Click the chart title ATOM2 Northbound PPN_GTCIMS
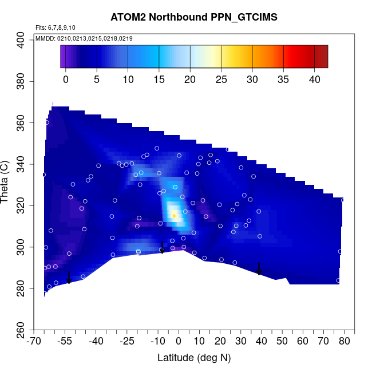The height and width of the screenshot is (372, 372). point(194,17)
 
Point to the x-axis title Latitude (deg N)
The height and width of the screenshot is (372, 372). point(194,358)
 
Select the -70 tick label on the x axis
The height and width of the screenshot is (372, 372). point(34,342)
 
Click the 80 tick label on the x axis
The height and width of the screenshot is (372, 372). point(345,342)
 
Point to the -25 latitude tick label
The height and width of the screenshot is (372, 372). point(127,342)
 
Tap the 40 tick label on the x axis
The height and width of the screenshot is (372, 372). point(262,342)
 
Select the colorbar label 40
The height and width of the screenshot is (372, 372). point(314,79)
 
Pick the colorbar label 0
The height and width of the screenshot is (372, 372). point(65,79)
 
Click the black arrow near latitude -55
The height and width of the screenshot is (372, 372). point(69,278)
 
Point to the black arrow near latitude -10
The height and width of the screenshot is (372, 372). point(162,247)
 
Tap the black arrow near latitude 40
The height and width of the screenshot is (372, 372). point(259,269)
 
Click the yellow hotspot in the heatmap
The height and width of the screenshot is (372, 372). point(174,215)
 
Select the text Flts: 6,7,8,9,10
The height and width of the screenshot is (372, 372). point(56,27)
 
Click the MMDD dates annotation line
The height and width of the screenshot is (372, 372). point(84,38)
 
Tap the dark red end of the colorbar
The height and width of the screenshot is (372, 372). point(323,56)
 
